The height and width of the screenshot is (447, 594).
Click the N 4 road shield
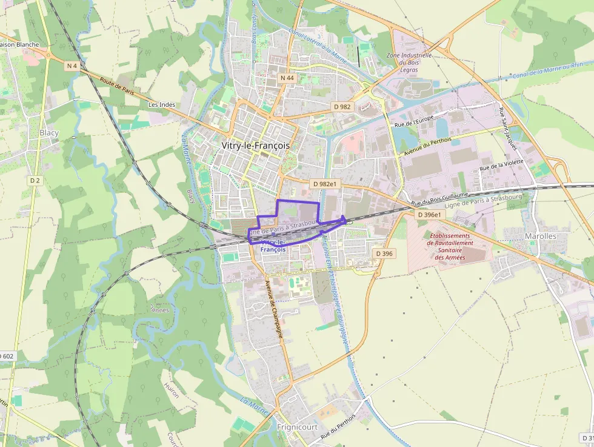pos(72,66)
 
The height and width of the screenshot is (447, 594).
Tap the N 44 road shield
pos(287,78)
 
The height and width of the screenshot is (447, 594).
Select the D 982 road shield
pos(342,106)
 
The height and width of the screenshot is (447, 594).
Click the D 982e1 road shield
pos(324,183)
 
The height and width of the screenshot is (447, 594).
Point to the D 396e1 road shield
pos(431,215)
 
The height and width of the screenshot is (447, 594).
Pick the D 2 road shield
pos(35,180)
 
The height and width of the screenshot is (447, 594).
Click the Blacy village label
pos(49,132)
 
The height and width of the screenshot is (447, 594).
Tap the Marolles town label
pos(540,236)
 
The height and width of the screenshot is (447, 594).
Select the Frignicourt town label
pos(297,427)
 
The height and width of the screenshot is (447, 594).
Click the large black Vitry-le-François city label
pos(255,146)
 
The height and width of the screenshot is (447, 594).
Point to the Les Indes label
pos(162,104)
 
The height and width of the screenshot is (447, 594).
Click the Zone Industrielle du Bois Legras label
pos(409,62)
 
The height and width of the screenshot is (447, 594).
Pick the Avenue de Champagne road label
pos(274,309)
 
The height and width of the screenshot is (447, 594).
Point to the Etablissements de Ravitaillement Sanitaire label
pos(449,247)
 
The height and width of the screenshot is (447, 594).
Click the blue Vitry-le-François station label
pos(273,246)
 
